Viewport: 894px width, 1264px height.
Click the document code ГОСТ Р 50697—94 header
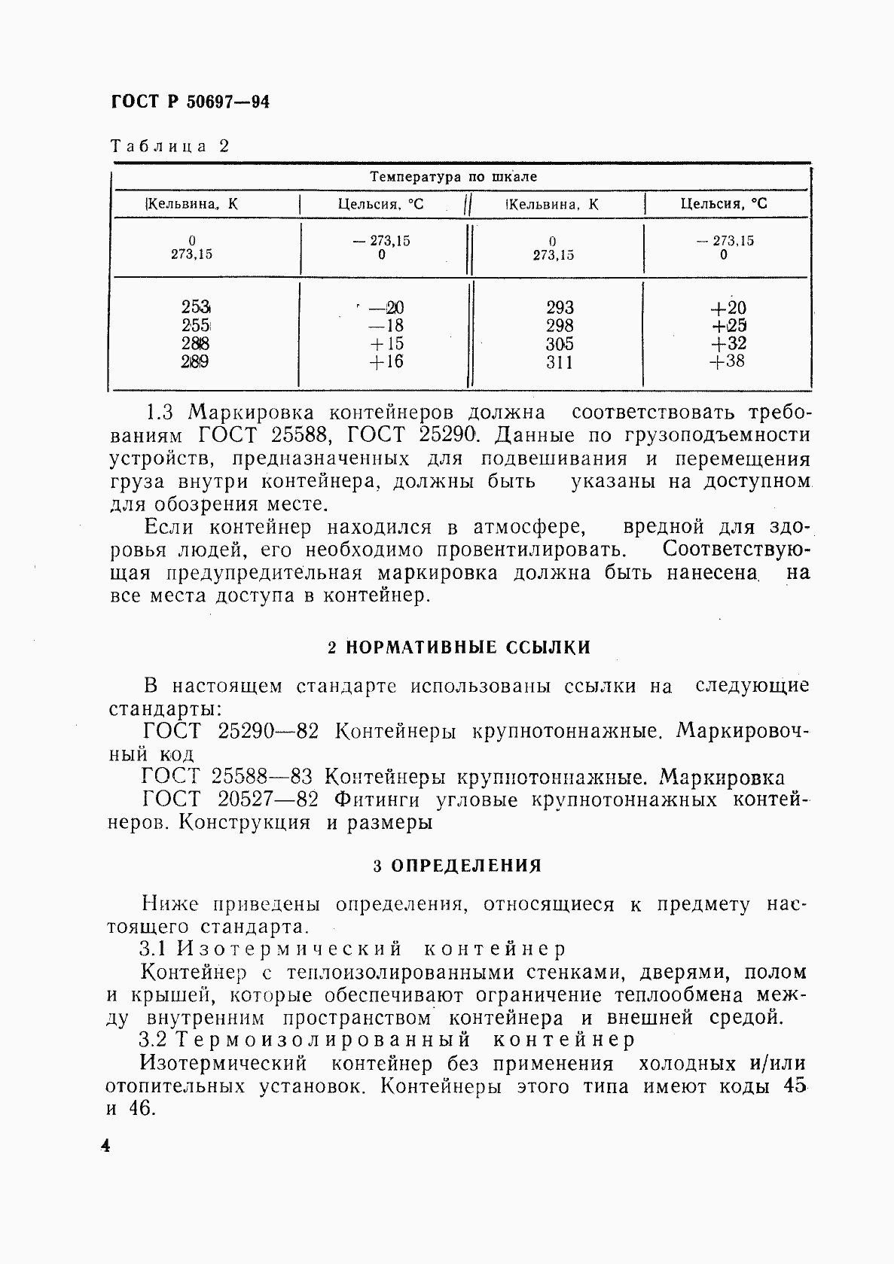pos(190,102)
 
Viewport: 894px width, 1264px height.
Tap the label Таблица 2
pos(169,146)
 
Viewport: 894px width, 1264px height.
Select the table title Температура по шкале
pos(453,177)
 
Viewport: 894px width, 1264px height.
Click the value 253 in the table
pos(195,307)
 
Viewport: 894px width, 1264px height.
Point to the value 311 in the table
pos(560,362)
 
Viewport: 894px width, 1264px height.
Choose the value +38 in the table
pos(727,361)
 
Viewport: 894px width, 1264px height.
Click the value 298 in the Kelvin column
pos(560,325)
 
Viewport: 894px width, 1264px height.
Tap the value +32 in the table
pos(727,343)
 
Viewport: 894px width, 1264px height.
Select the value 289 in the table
pos(195,361)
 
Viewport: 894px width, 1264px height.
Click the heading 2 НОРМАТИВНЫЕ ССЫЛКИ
pos(459,647)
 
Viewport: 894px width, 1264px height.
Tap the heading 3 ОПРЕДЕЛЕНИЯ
pos(457,866)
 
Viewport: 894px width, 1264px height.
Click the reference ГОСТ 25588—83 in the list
pos(226,777)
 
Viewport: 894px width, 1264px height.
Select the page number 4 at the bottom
pos(105,1147)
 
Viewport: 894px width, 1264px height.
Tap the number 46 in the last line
pos(139,1109)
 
